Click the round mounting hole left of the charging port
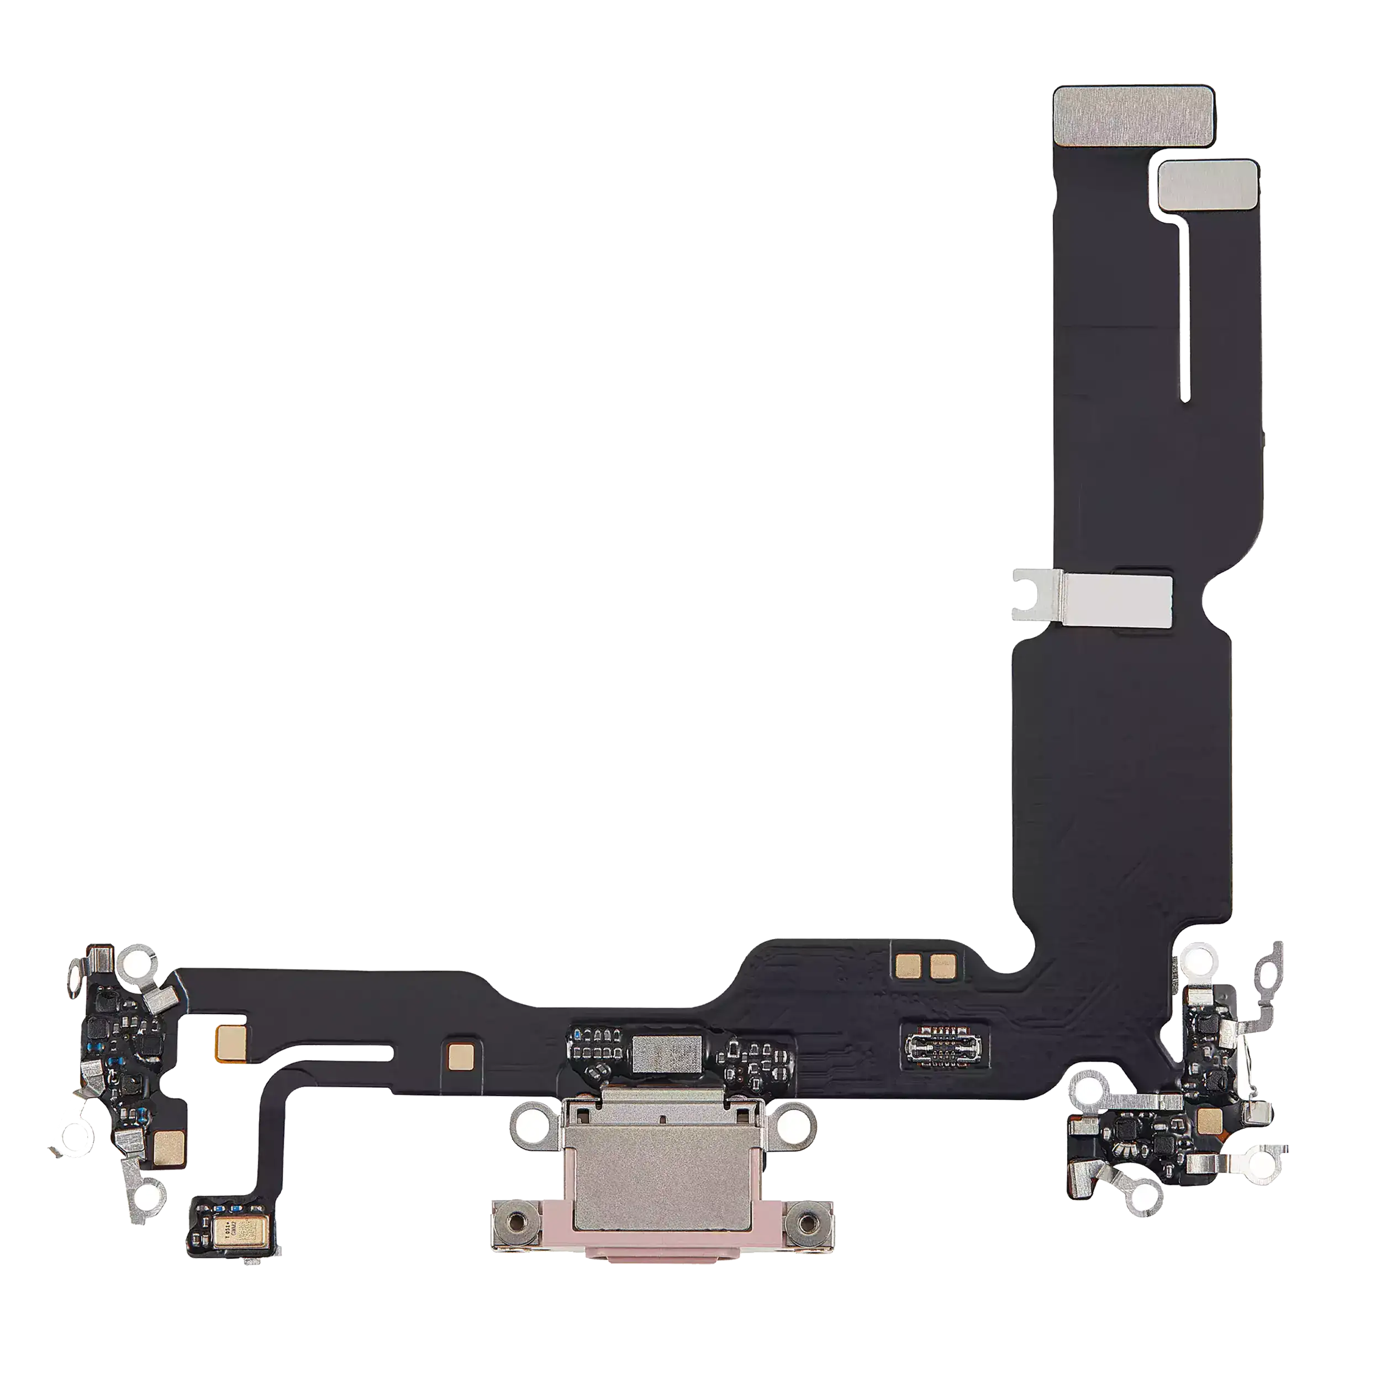tap(530, 1129)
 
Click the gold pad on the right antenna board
tap(1209, 1119)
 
